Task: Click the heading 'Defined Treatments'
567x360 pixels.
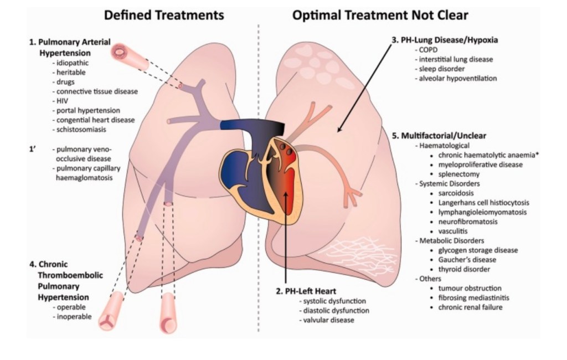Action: click(x=164, y=15)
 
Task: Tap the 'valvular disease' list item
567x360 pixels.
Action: click(x=326, y=320)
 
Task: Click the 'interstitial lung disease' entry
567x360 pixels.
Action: click(x=456, y=59)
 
